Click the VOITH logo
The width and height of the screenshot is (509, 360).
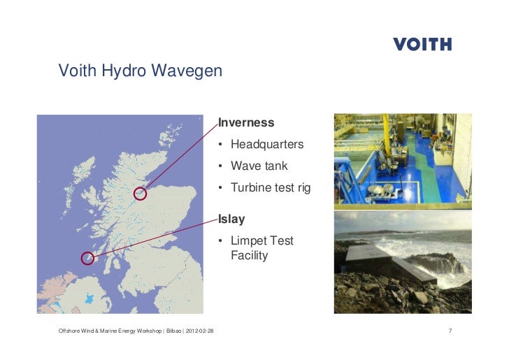[422, 44]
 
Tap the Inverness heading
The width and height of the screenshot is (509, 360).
[246, 123]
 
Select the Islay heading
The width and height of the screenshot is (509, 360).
[231, 219]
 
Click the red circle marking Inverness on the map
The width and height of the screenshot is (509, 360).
[140, 194]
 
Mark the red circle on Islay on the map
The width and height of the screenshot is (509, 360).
[87, 258]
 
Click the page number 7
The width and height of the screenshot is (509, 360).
[450, 330]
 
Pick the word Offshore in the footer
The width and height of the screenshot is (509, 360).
[71, 330]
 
